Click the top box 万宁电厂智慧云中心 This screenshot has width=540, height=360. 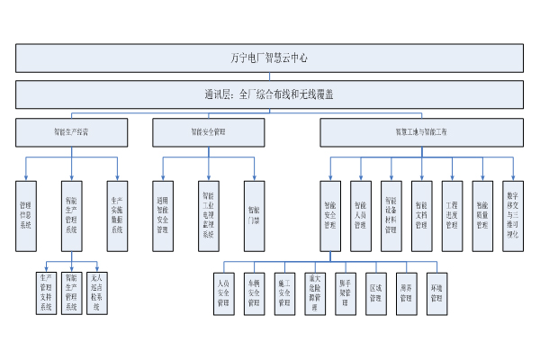tap(269, 57)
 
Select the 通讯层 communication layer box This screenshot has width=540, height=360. tap(269, 94)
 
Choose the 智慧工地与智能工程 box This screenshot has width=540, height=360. tap(420, 131)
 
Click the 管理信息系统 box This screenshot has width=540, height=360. tap(25, 211)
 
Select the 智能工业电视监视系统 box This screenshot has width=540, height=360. tap(209, 211)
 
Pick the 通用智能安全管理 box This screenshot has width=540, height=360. tap(163, 211)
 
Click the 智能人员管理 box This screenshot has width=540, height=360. tap(360, 211)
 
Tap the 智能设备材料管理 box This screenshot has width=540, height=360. tap(391, 211)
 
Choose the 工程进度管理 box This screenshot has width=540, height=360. tap(452, 211)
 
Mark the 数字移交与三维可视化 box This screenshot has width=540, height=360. tap(513, 211)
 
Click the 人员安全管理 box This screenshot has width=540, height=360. tap(223, 292)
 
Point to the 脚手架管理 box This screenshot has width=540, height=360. tap(345, 292)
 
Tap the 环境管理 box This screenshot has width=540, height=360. tap(436, 292)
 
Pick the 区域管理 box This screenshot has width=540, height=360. tap(375, 292)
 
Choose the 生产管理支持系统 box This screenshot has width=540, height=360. tap(45, 292)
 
